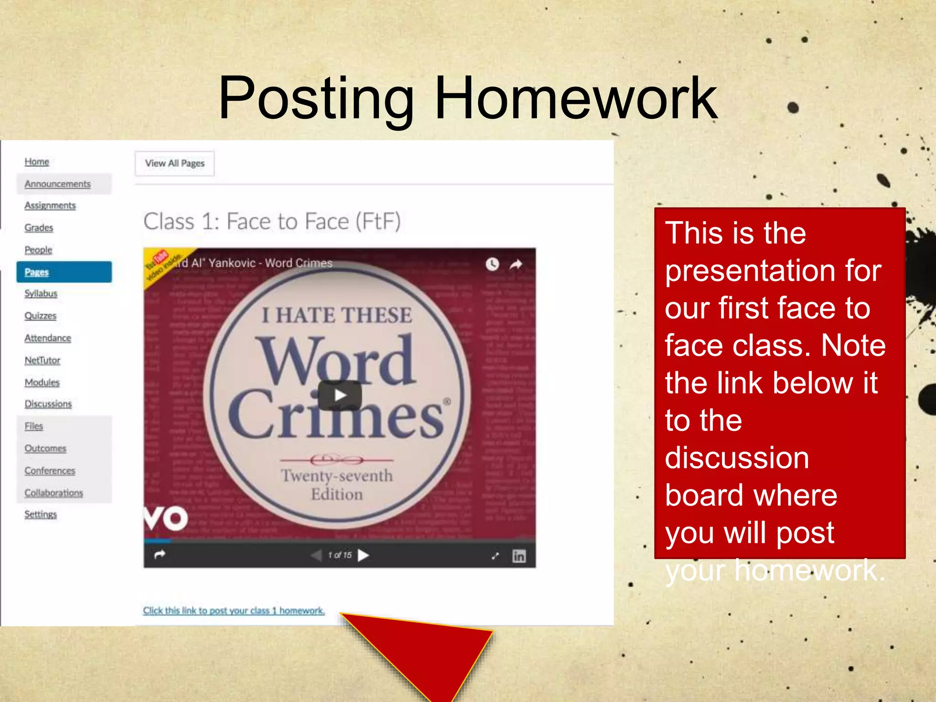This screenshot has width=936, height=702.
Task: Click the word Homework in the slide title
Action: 576,99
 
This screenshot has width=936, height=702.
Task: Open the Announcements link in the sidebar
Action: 58,184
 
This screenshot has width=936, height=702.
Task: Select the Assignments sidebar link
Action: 50,206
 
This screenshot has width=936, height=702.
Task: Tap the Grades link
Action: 39,228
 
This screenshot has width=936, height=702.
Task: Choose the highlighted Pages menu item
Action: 64,272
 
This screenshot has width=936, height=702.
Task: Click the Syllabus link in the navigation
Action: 41,293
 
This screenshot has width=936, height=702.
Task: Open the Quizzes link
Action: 41,316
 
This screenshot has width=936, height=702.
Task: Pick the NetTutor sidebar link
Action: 43,360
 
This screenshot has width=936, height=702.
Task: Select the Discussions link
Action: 48,404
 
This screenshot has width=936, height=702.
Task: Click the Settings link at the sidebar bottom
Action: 41,515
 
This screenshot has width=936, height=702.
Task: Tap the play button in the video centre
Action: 340,395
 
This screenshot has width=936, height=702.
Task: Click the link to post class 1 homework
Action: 234,611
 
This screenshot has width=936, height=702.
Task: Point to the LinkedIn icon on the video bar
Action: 519,556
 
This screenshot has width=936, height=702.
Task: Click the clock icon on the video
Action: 492,264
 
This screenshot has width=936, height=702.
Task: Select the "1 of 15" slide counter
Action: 340,555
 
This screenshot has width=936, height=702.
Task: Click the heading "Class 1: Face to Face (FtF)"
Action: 272,222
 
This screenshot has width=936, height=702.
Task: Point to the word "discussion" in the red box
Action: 737,458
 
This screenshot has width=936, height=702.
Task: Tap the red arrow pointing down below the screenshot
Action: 430,654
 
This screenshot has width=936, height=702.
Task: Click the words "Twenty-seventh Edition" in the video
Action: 337,485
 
